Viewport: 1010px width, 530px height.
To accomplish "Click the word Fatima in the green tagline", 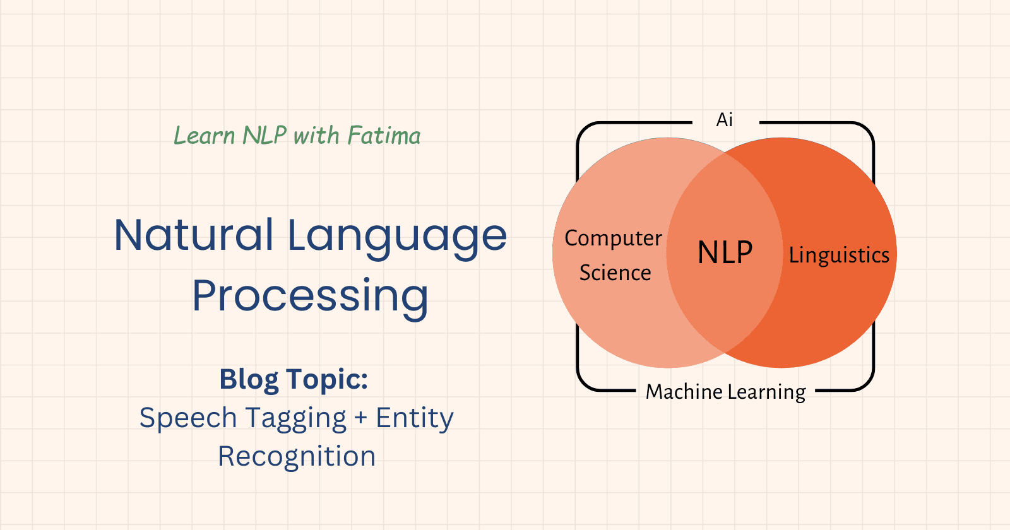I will click(384, 136).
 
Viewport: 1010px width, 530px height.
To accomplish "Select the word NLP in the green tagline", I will click(264, 136).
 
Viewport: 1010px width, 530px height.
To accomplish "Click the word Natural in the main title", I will click(194, 235).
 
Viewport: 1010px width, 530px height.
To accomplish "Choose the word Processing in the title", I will click(310, 296).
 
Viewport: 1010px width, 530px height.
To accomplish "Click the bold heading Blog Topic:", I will click(294, 379).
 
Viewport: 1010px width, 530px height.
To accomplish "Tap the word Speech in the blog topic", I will click(187, 418).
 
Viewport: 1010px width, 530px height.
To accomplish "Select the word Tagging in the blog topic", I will click(295, 418).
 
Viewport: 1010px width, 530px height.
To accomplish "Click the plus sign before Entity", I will click(360, 418).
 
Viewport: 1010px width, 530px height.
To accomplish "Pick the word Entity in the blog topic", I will click(415, 418).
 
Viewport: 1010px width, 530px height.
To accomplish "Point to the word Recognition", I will click(297, 456).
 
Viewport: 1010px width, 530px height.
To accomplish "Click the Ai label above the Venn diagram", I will click(725, 120).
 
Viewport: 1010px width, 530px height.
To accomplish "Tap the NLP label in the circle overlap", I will click(725, 252).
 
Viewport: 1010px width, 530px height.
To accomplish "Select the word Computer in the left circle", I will click(613, 238).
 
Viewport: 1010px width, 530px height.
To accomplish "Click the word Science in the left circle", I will click(615, 273).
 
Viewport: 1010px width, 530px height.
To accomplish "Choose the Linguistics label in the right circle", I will click(839, 255).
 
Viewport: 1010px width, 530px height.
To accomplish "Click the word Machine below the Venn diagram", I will click(684, 392).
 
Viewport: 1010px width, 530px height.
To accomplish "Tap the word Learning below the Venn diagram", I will click(766, 392).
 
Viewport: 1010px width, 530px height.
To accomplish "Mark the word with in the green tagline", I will click(316, 136).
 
